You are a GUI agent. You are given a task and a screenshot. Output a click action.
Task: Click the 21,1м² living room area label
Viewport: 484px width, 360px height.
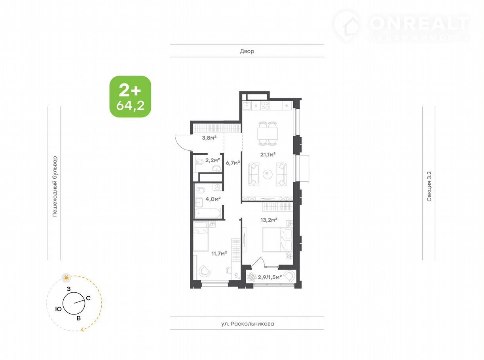coord(268,155)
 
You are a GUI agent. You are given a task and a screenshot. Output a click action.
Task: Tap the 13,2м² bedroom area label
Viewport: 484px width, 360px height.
coord(269,220)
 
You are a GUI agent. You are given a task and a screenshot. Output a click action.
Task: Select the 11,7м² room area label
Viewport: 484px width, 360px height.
coord(219,253)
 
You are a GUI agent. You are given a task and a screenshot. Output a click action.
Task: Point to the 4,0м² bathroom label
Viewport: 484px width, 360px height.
coord(213,199)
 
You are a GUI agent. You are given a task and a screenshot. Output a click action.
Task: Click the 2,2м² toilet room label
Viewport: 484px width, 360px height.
coord(213,160)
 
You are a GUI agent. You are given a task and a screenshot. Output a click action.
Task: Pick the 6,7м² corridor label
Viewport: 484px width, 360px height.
coord(233,163)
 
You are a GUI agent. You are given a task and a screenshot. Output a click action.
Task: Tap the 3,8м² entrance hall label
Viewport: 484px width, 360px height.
coord(209,138)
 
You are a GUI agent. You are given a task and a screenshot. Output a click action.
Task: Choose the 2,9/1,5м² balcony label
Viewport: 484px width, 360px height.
coord(270,277)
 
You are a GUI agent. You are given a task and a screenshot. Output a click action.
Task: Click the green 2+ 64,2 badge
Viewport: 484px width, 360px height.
coord(130,97)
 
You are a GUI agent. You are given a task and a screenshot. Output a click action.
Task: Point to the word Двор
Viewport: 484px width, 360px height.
coord(247,51)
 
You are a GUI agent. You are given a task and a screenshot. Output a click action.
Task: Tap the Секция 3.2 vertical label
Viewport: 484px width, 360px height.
coord(429,186)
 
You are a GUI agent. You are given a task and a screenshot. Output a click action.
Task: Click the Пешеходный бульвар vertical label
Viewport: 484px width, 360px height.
coord(55,186)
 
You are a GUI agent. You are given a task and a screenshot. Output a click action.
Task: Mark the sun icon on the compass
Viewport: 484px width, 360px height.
coord(66,278)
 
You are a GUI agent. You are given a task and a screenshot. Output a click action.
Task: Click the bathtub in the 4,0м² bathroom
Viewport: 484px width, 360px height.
coord(208,213)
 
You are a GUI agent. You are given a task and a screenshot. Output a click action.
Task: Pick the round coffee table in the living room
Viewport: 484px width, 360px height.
coord(268,174)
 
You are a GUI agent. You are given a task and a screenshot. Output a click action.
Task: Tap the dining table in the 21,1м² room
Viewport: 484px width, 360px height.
coord(268,133)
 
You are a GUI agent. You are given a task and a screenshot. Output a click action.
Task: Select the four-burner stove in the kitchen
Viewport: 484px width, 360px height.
coord(265,106)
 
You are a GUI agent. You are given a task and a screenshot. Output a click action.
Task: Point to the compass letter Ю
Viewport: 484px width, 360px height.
coord(58,309)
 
